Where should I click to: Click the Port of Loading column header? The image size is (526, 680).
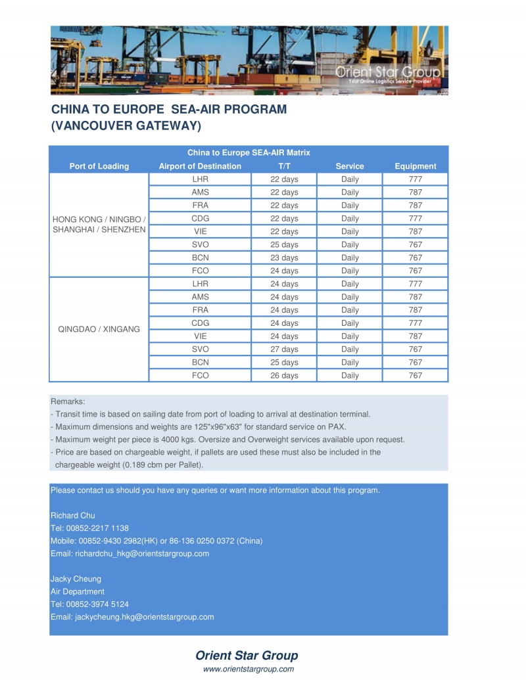click(x=99, y=166)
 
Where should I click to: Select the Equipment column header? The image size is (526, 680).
click(x=415, y=166)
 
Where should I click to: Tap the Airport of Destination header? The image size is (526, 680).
click(x=200, y=166)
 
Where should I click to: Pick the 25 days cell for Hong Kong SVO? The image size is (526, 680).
click(x=284, y=244)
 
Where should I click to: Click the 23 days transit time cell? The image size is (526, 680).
click(x=284, y=258)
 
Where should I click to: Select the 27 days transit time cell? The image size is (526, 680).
click(x=284, y=350)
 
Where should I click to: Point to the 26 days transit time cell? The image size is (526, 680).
click(x=284, y=376)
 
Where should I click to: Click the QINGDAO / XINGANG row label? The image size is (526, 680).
click(x=99, y=329)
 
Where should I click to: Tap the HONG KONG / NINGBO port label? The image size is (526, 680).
click(x=99, y=219)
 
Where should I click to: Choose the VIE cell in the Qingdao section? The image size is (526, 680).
click(x=200, y=336)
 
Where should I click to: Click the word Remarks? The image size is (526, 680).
click(x=68, y=401)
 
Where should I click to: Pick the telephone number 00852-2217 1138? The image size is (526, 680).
click(x=97, y=528)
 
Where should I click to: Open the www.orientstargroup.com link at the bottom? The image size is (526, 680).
click(x=249, y=669)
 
